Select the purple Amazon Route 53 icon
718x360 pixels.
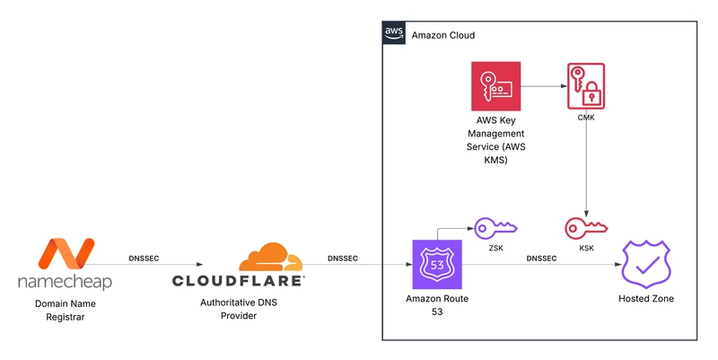point(436,264)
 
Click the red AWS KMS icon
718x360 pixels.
point(495,86)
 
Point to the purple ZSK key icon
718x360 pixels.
point(495,228)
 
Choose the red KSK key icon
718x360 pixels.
point(585,228)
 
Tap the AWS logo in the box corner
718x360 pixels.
point(394,33)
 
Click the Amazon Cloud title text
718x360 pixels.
point(442,35)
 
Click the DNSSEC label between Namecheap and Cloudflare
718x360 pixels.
point(145,258)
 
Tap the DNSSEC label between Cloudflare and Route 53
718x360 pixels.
point(342,258)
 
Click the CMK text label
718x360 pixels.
point(585,117)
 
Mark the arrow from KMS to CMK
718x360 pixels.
point(543,86)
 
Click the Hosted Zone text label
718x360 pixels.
point(646,298)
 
